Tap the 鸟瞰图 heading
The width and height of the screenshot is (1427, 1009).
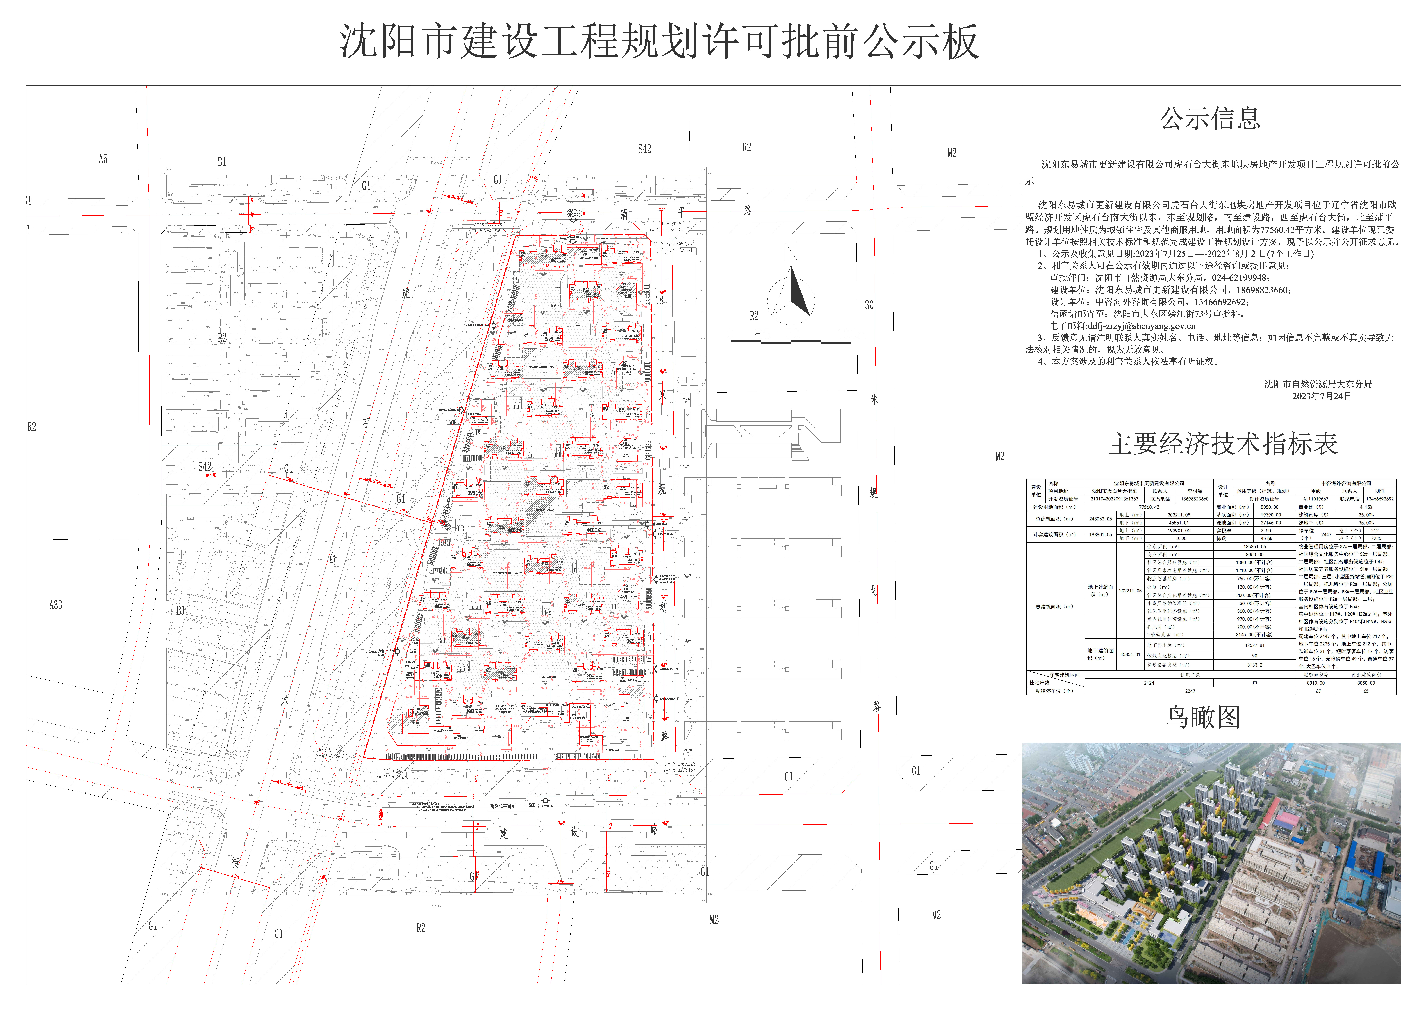pos(1203,718)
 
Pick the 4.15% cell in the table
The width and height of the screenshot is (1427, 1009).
pos(1366,507)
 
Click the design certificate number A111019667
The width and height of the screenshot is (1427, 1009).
pos(1316,499)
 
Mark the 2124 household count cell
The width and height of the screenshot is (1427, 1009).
pos(1149,683)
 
